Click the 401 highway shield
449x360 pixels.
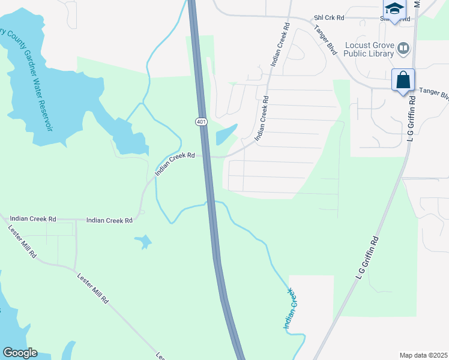tap(201, 122)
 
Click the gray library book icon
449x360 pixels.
tap(403, 47)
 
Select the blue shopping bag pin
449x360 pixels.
tap(403, 80)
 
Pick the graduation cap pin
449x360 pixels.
tap(394, 8)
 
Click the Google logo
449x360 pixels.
tap(20, 353)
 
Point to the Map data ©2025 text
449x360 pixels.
tap(423, 355)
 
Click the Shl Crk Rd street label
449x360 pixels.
tap(328, 18)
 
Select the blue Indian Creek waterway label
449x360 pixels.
tap(290, 309)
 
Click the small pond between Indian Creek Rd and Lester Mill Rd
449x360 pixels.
tap(144, 242)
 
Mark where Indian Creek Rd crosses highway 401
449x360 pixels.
tap(206, 157)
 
